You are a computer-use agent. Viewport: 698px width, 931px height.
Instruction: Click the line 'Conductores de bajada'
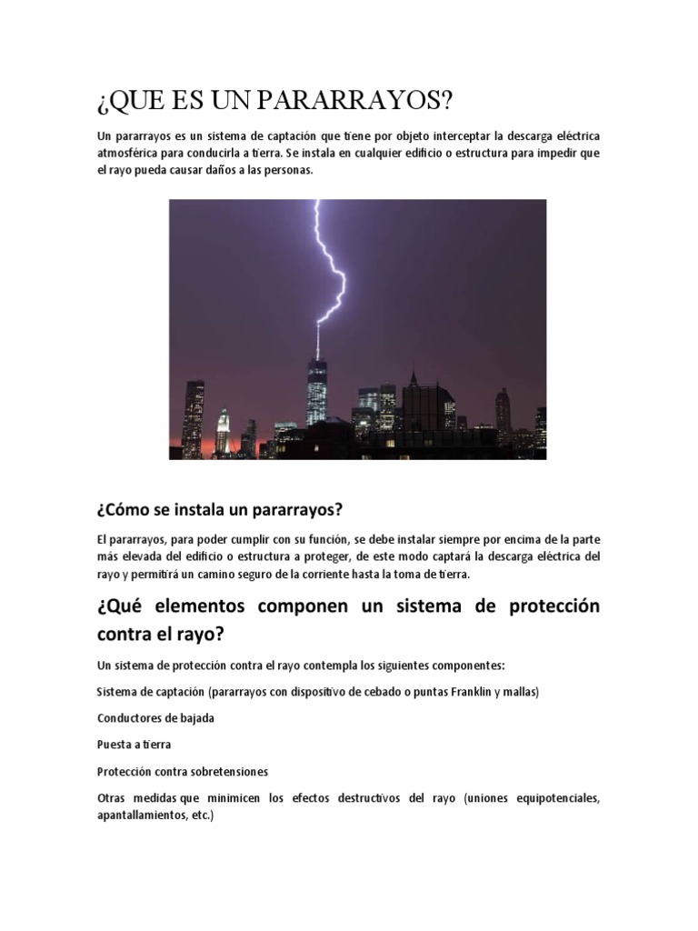[155, 717]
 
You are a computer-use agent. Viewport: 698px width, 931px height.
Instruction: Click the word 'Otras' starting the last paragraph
[113, 798]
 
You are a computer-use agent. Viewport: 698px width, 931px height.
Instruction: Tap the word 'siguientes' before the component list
[386, 664]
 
